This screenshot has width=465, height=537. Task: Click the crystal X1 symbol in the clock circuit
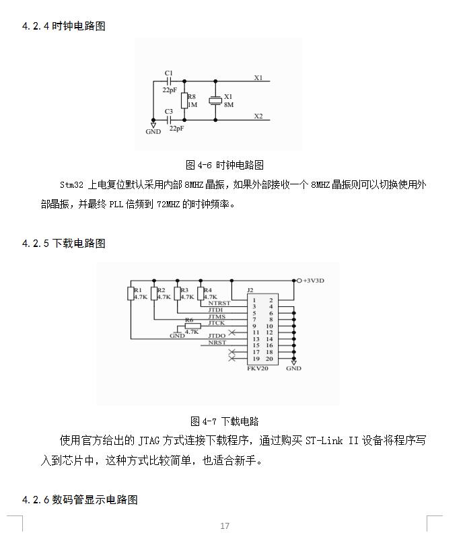point(215,100)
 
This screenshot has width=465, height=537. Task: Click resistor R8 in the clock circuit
point(184,101)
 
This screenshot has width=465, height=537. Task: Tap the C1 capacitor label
point(168,73)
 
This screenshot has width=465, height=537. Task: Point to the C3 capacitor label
point(168,112)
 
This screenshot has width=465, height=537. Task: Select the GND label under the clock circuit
point(153,132)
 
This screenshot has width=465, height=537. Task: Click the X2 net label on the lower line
point(258,116)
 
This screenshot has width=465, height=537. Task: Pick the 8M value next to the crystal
point(229,105)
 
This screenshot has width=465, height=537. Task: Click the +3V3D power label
point(314,281)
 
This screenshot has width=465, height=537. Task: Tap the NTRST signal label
point(219,303)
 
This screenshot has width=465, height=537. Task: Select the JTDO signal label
point(217,336)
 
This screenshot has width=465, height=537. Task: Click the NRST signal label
point(217,343)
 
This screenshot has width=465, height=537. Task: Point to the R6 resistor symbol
point(192,326)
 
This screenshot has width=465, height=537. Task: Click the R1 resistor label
point(138,290)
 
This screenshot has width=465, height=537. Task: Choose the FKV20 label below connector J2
point(258,369)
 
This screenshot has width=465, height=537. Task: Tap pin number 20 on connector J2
point(269,359)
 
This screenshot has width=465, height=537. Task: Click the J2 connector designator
point(250,290)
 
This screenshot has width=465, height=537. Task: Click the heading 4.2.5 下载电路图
point(64,244)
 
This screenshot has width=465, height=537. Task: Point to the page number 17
point(225,526)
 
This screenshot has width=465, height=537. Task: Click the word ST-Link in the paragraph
point(324,440)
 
